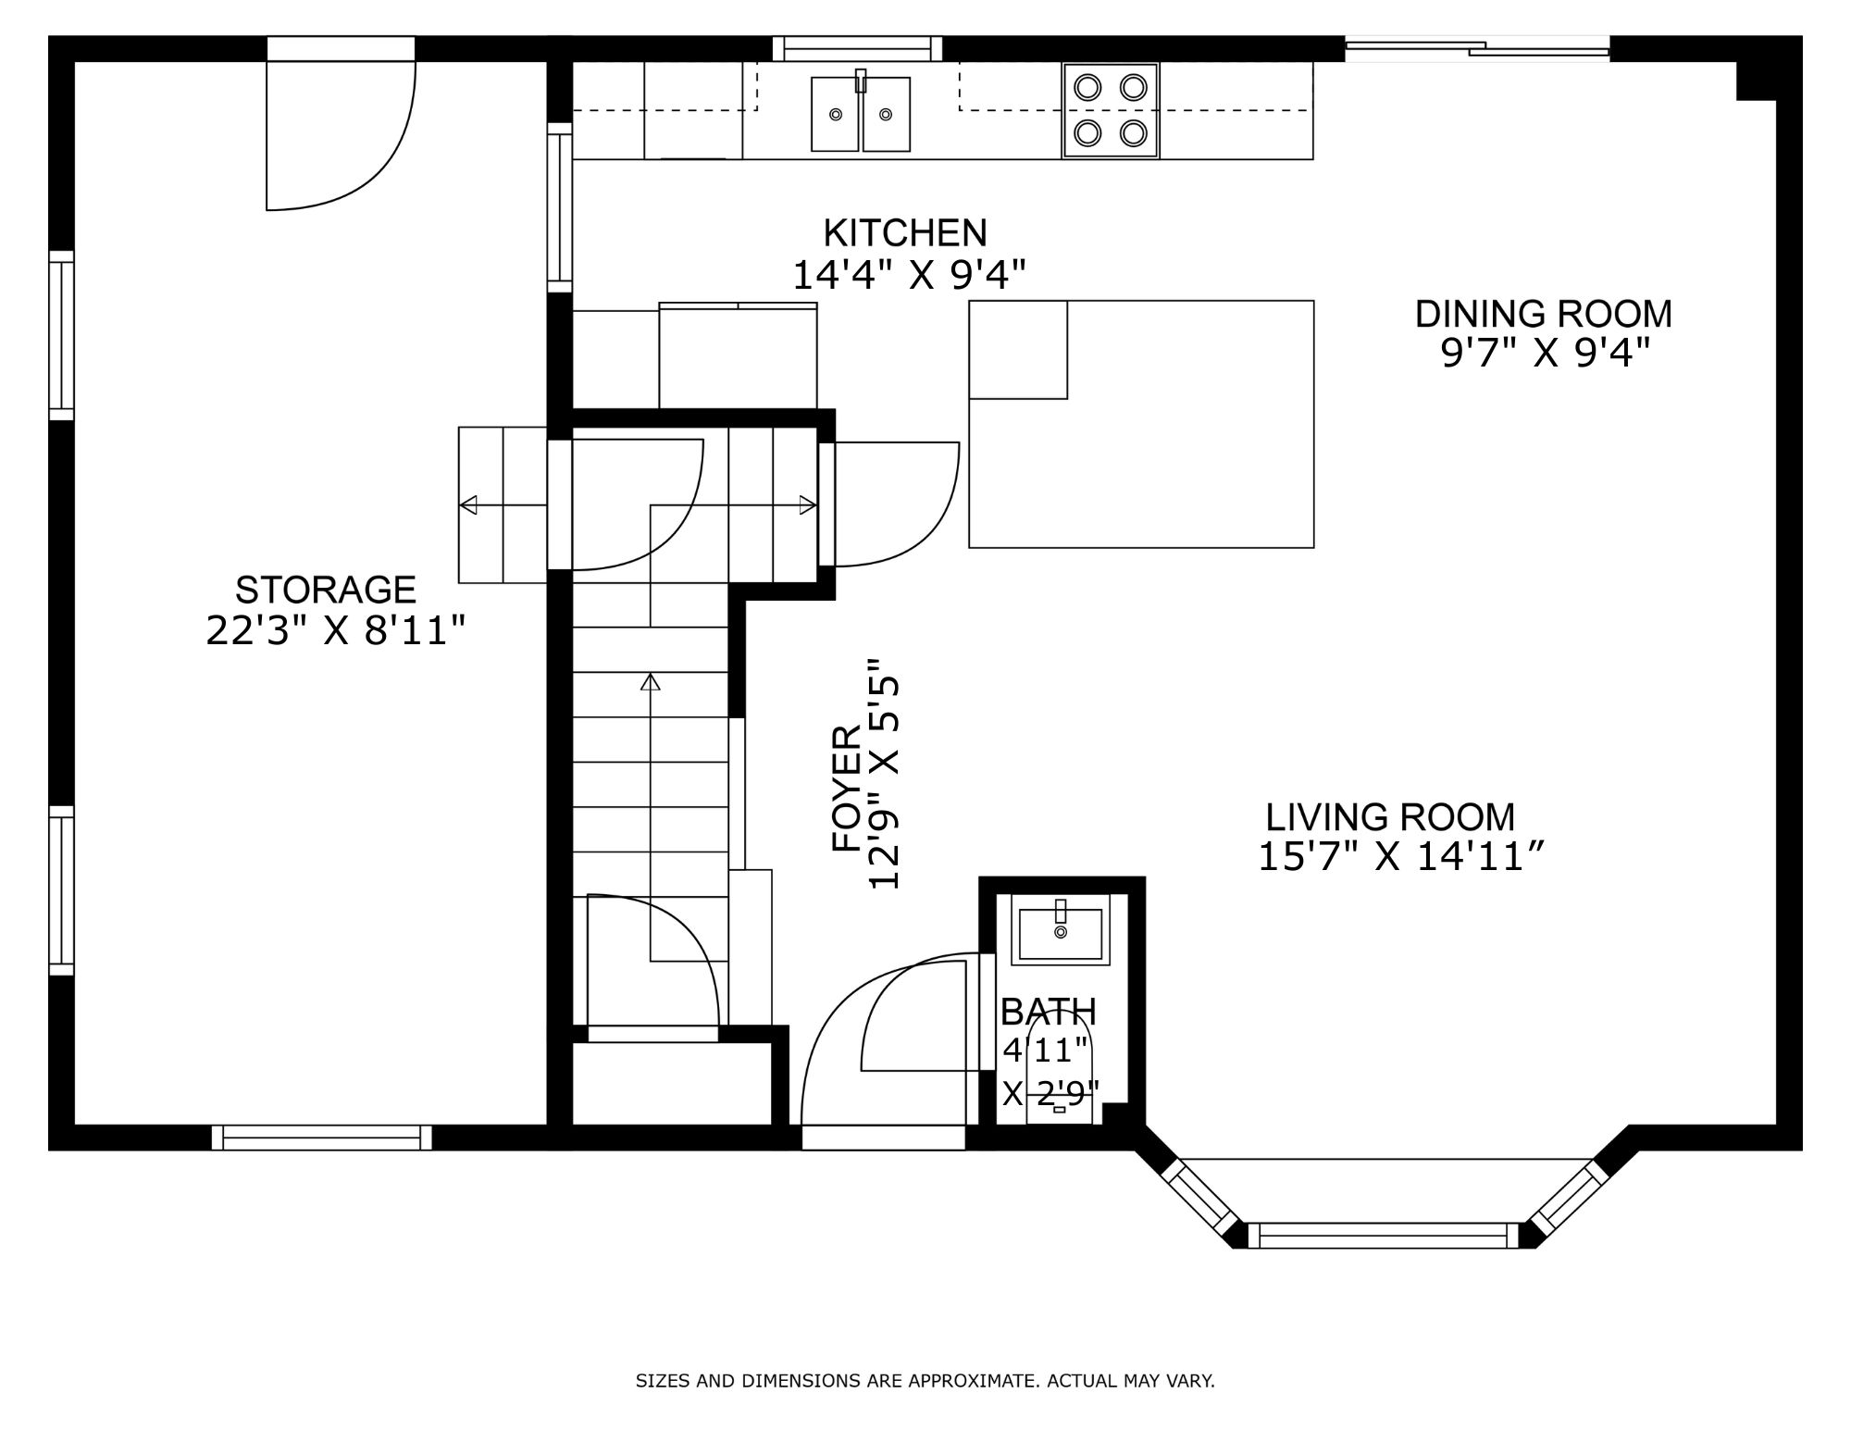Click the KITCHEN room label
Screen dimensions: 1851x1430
pos(905,232)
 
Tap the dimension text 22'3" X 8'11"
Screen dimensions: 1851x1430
pos(334,631)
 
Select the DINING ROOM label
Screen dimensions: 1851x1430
pos(1544,314)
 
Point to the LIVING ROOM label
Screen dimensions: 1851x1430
pos(1390,817)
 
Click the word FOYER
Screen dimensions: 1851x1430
pos(847,788)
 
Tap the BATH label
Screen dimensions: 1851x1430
pos(1049,1012)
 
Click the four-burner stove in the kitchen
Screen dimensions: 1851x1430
pos(1111,110)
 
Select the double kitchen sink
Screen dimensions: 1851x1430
pos(861,114)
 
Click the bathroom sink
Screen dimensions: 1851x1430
pos(1061,930)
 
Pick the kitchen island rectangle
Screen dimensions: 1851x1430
pos(1141,424)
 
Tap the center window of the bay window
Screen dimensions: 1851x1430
pos(1384,1236)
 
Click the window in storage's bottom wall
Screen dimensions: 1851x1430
pos(322,1138)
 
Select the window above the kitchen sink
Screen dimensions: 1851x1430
pos(857,48)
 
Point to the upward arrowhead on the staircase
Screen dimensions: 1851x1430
pos(651,682)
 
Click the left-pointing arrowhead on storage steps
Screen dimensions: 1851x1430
pos(468,504)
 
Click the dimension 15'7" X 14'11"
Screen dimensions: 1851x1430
pos(1400,857)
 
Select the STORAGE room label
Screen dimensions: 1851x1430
pos(326,590)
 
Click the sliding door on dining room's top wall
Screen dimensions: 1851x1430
pos(1477,49)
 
